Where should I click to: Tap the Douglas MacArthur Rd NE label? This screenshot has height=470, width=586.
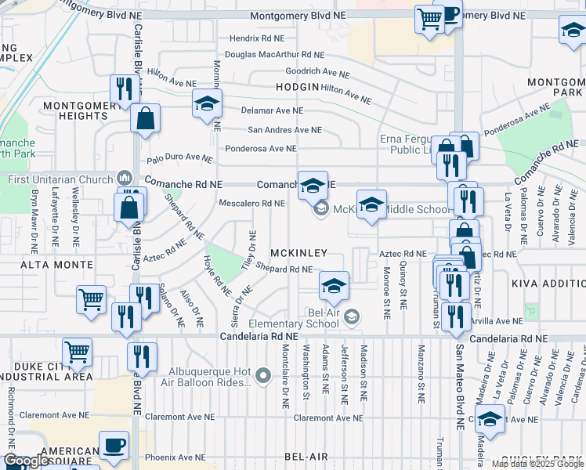[273, 55]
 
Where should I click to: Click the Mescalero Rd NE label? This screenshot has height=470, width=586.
[251, 204]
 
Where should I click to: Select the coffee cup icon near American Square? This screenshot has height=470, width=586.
[114, 445]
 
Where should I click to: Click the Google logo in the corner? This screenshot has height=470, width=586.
[26, 461]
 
